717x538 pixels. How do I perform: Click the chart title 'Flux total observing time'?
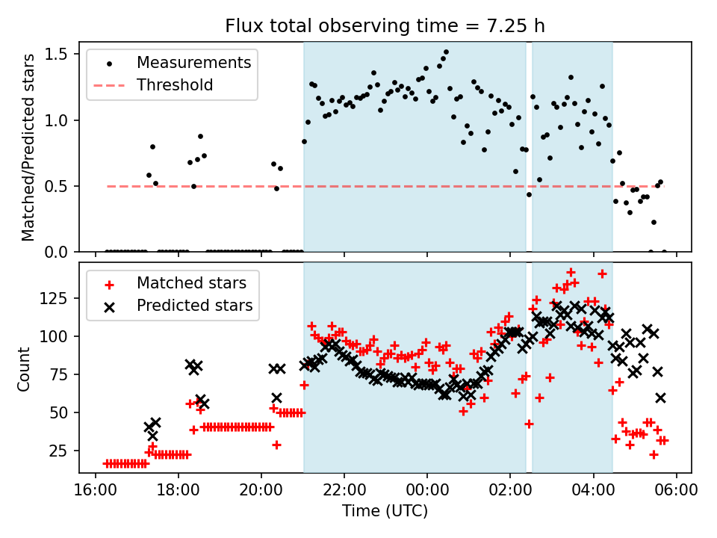point(385,26)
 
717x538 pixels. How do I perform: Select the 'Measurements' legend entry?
point(194,63)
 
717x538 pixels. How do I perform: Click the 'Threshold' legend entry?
point(175,85)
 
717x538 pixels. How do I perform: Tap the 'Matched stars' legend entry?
point(190,283)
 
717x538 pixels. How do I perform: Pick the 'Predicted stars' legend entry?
point(194,306)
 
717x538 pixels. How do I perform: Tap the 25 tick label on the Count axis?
point(61,451)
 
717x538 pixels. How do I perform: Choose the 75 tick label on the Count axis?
point(61,374)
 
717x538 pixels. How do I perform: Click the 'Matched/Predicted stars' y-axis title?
point(28,147)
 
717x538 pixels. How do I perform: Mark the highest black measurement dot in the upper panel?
point(446,52)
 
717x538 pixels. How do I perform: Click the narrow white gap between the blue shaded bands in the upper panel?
point(529,149)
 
